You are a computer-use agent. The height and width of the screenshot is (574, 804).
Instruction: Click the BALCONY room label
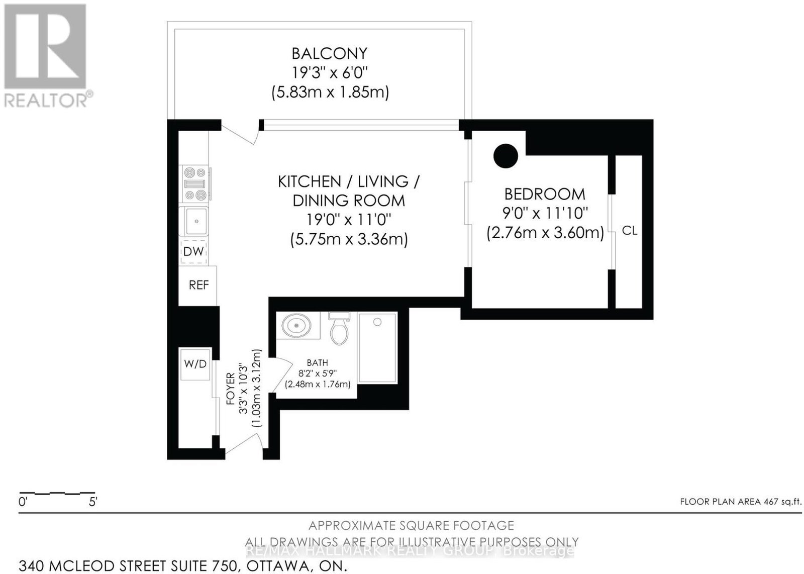click(330, 54)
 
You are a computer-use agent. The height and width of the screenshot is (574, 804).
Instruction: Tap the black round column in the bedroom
click(506, 156)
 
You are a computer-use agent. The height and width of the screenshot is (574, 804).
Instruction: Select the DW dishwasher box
click(193, 251)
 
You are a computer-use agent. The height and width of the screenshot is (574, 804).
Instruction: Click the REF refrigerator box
click(198, 285)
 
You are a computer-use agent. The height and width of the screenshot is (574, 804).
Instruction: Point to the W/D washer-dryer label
click(195, 364)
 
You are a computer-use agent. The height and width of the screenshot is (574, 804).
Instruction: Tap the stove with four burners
click(195, 184)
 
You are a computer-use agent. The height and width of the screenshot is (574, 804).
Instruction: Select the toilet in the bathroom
click(339, 328)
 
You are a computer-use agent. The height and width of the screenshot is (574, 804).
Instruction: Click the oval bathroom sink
click(296, 325)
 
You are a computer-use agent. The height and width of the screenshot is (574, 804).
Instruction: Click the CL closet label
click(630, 231)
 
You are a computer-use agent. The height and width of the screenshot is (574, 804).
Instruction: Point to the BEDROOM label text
click(545, 194)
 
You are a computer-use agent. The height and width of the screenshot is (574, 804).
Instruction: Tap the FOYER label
click(231, 389)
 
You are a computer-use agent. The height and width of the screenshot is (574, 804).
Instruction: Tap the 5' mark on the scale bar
click(93, 502)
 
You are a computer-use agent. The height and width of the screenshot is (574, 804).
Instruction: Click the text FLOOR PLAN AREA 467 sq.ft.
click(741, 502)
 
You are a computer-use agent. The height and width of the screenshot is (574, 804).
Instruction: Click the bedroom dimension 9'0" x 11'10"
click(545, 214)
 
